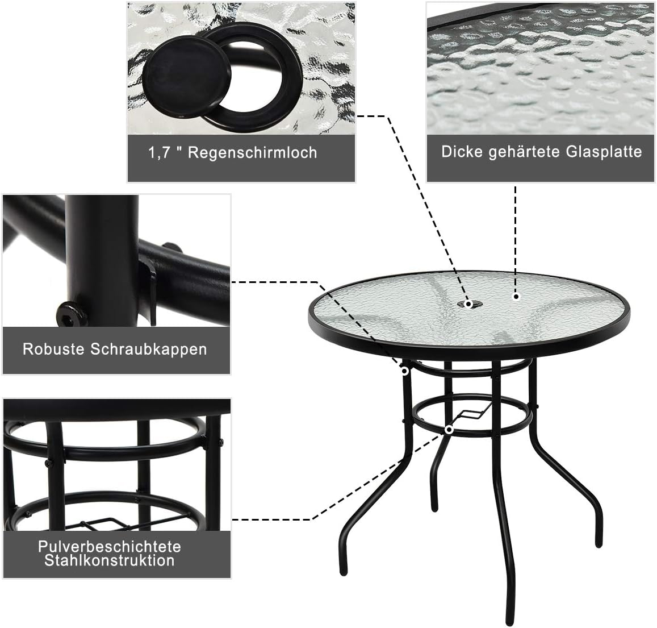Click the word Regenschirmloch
pyautogui.click(x=252, y=153)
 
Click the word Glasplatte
pyautogui.click(x=604, y=151)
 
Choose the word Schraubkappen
pyautogui.click(x=148, y=350)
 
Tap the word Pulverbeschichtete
pyautogui.click(x=110, y=546)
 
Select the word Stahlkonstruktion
pyautogui.click(x=110, y=560)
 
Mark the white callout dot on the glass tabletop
pyautogui.click(x=516, y=297)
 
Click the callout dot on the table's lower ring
pyautogui.click(x=449, y=430)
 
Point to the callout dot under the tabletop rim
pyautogui.click(x=405, y=371)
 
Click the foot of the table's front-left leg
pyautogui.click(x=343, y=570)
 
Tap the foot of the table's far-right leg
pyautogui.click(x=599, y=542)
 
